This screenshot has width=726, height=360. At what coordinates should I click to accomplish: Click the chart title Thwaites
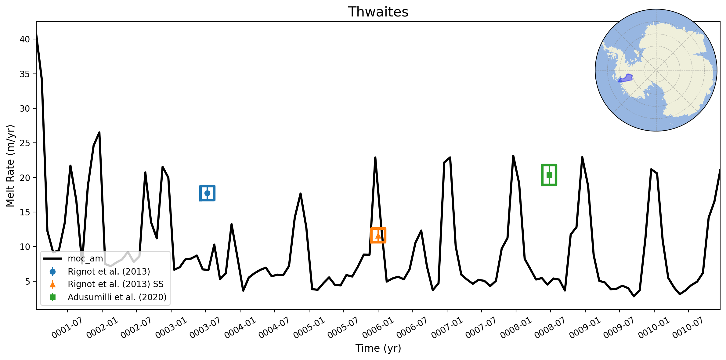click(378, 12)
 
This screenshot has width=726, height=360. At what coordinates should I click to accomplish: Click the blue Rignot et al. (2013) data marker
click(207, 193)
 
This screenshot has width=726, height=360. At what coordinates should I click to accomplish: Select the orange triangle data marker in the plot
click(378, 235)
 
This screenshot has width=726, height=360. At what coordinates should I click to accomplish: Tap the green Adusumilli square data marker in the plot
click(549, 175)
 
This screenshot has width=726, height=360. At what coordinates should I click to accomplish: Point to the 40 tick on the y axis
click(25, 39)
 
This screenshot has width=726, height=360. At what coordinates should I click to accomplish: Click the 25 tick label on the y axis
click(25, 143)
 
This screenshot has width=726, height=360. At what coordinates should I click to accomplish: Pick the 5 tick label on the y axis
click(27, 281)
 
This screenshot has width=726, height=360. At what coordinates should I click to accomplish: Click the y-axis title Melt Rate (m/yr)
click(10, 166)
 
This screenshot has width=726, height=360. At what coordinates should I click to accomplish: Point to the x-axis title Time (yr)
click(378, 348)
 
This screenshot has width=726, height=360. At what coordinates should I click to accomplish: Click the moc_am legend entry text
click(85, 259)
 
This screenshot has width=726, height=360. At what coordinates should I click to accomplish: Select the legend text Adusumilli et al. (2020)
click(117, 297)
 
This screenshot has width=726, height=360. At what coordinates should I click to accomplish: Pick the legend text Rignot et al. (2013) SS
click(116, 284)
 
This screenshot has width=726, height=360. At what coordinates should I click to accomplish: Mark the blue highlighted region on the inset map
click(626, 78)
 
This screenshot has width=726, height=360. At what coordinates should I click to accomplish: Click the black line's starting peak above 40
click(37, 34)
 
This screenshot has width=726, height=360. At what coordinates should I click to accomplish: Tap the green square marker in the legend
click(52, 297)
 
